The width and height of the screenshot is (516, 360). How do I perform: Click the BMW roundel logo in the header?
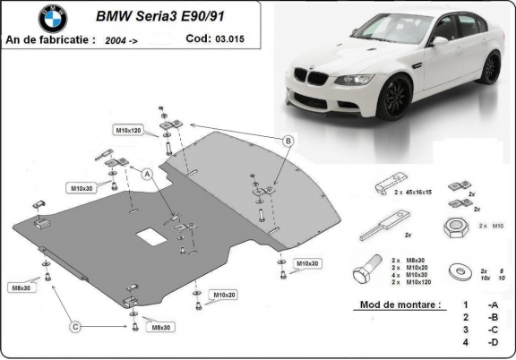click(x=52, y=18)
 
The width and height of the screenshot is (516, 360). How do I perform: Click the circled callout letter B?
click(x=288, y=141)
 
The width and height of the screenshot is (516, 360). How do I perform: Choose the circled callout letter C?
click(x=77, y=325)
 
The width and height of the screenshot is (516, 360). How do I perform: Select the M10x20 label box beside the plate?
click(x=224, y=295)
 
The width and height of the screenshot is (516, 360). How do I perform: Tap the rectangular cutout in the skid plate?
click(x=150, y=237)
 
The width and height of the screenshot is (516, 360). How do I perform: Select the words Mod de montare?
click(x=399, y=305)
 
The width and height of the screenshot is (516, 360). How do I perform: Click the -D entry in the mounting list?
click(x=492, y=343)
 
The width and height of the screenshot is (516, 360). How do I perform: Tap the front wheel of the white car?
click(x=391, y=97)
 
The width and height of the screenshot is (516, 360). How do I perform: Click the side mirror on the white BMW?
click(x=439, y=41)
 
